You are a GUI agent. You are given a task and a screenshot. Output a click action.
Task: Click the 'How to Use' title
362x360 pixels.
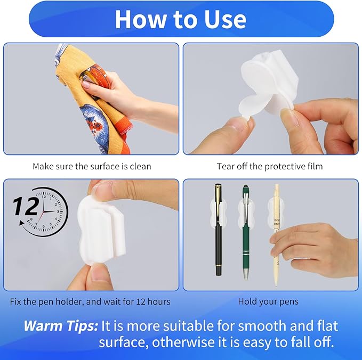(x=181, y=19)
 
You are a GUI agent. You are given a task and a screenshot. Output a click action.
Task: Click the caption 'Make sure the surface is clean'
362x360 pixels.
(x=92, y=166)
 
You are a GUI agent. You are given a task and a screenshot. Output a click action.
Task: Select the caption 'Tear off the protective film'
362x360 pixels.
(x=269, y=166)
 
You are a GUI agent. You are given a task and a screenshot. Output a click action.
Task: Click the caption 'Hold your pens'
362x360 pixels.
(x=268, y=301)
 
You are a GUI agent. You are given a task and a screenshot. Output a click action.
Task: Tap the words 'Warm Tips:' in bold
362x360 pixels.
(x=60, y=325)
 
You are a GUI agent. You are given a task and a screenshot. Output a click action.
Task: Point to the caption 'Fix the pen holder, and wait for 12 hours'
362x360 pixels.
(x=90, y=301)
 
